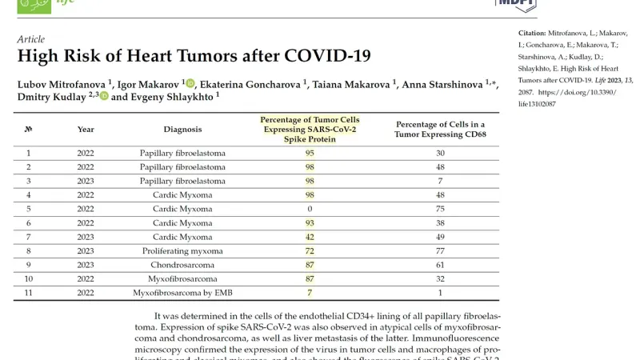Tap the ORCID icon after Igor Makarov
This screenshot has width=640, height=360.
[190, 83]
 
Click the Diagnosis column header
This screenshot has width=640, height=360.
[182, 129]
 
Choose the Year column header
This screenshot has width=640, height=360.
[86, 129]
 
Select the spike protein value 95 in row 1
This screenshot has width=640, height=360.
[309, 153]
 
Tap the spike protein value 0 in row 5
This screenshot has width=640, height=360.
[309, 210]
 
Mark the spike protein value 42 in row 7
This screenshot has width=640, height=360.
[309, 238]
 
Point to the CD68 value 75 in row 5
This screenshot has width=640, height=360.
[439, 210]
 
